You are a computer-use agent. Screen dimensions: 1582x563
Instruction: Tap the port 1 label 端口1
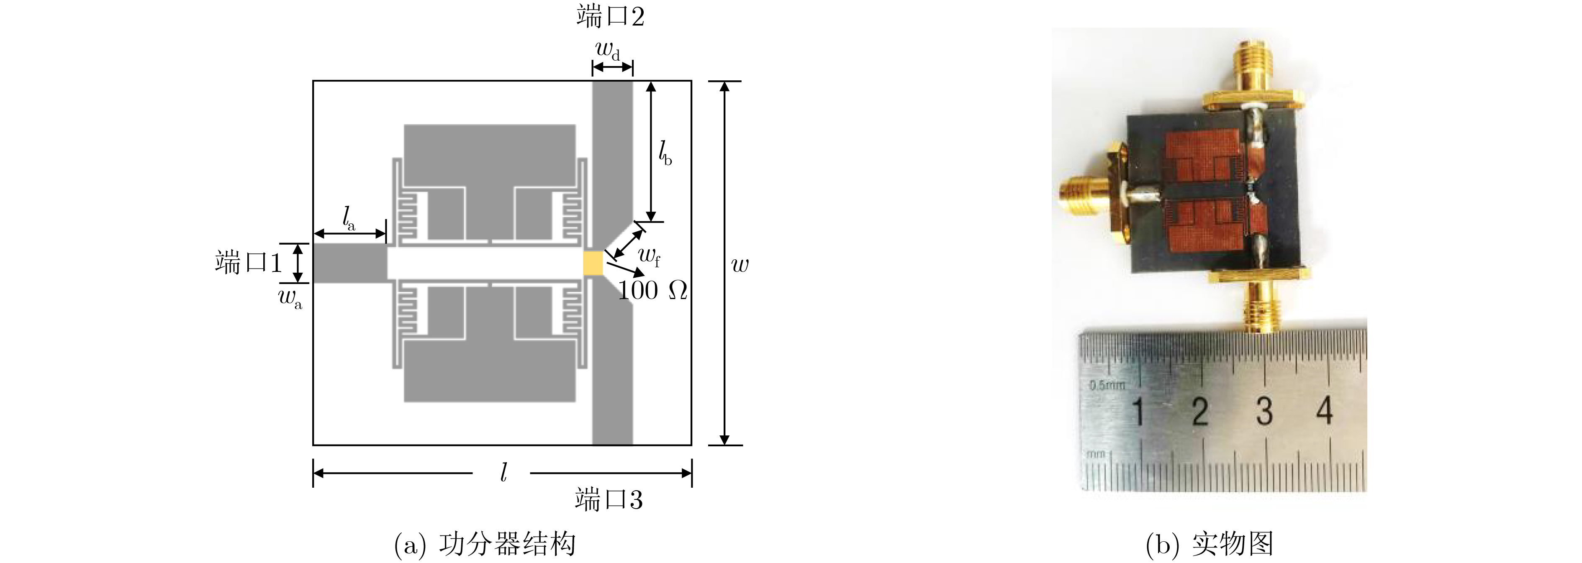[248, 263]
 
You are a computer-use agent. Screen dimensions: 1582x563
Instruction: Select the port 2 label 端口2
[611, 17]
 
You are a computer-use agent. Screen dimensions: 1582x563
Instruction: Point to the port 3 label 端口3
[609, 500]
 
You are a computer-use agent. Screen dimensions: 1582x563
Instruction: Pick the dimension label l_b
[665, 152]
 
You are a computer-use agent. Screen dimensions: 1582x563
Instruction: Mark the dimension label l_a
[348, 218]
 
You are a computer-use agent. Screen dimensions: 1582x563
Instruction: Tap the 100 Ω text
[652, 290]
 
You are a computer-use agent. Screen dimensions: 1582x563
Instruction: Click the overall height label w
[740, 265]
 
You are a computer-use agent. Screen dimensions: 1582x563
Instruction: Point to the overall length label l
[503, 472]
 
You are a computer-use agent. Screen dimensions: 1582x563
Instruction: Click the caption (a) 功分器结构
[485, 544]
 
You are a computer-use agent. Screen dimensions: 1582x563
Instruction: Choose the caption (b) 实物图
[1210, 544]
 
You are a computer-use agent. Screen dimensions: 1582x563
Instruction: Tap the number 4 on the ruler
[1325, 410]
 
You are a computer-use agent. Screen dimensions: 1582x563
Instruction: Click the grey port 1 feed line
[350, 264]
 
